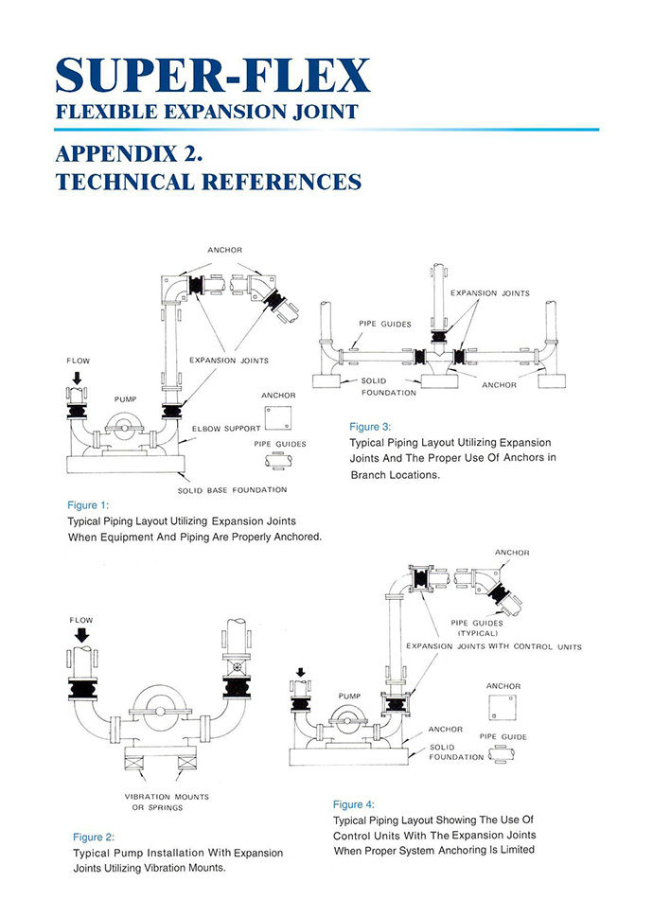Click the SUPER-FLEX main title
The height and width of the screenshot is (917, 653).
click(x=212, y=74)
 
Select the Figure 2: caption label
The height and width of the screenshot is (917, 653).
click(x=94, y=837)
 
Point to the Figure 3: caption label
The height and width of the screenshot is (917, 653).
click(x=370, y=427)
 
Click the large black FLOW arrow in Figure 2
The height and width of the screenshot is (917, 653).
click(x=81, y=634)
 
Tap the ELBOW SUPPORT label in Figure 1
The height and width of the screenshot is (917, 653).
click(x=226, y=429)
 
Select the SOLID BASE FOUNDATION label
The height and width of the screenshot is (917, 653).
click(x=232, y=490)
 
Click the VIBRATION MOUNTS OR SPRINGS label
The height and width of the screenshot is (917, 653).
click(x=167, y=802)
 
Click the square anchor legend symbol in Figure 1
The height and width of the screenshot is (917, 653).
click(x=277, y=417)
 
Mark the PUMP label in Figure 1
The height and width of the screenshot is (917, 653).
click(x=125, y=399)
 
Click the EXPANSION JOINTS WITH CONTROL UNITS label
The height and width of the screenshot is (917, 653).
click(x=493, y=646)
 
